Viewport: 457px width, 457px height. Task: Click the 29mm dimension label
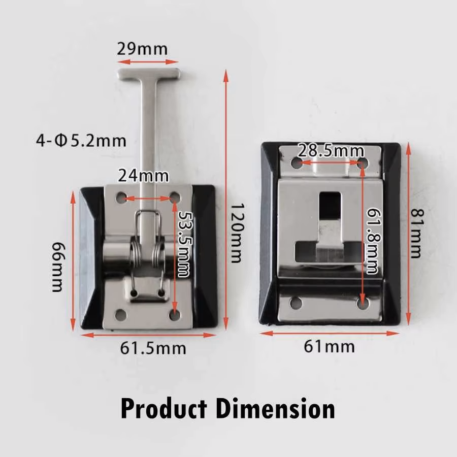tap(142, 49)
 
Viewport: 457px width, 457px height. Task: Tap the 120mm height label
tap(236, 233)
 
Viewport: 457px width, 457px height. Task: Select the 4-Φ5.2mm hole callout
tap(81, 141)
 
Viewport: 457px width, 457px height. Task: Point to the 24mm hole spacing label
tap(143, 176)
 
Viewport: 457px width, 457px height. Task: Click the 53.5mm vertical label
tap(184, 244)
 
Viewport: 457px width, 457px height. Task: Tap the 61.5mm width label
tap(153, 348)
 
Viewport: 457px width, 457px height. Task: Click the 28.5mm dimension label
tap(331, 151)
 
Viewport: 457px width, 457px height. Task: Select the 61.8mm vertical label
tap(373, 241)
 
